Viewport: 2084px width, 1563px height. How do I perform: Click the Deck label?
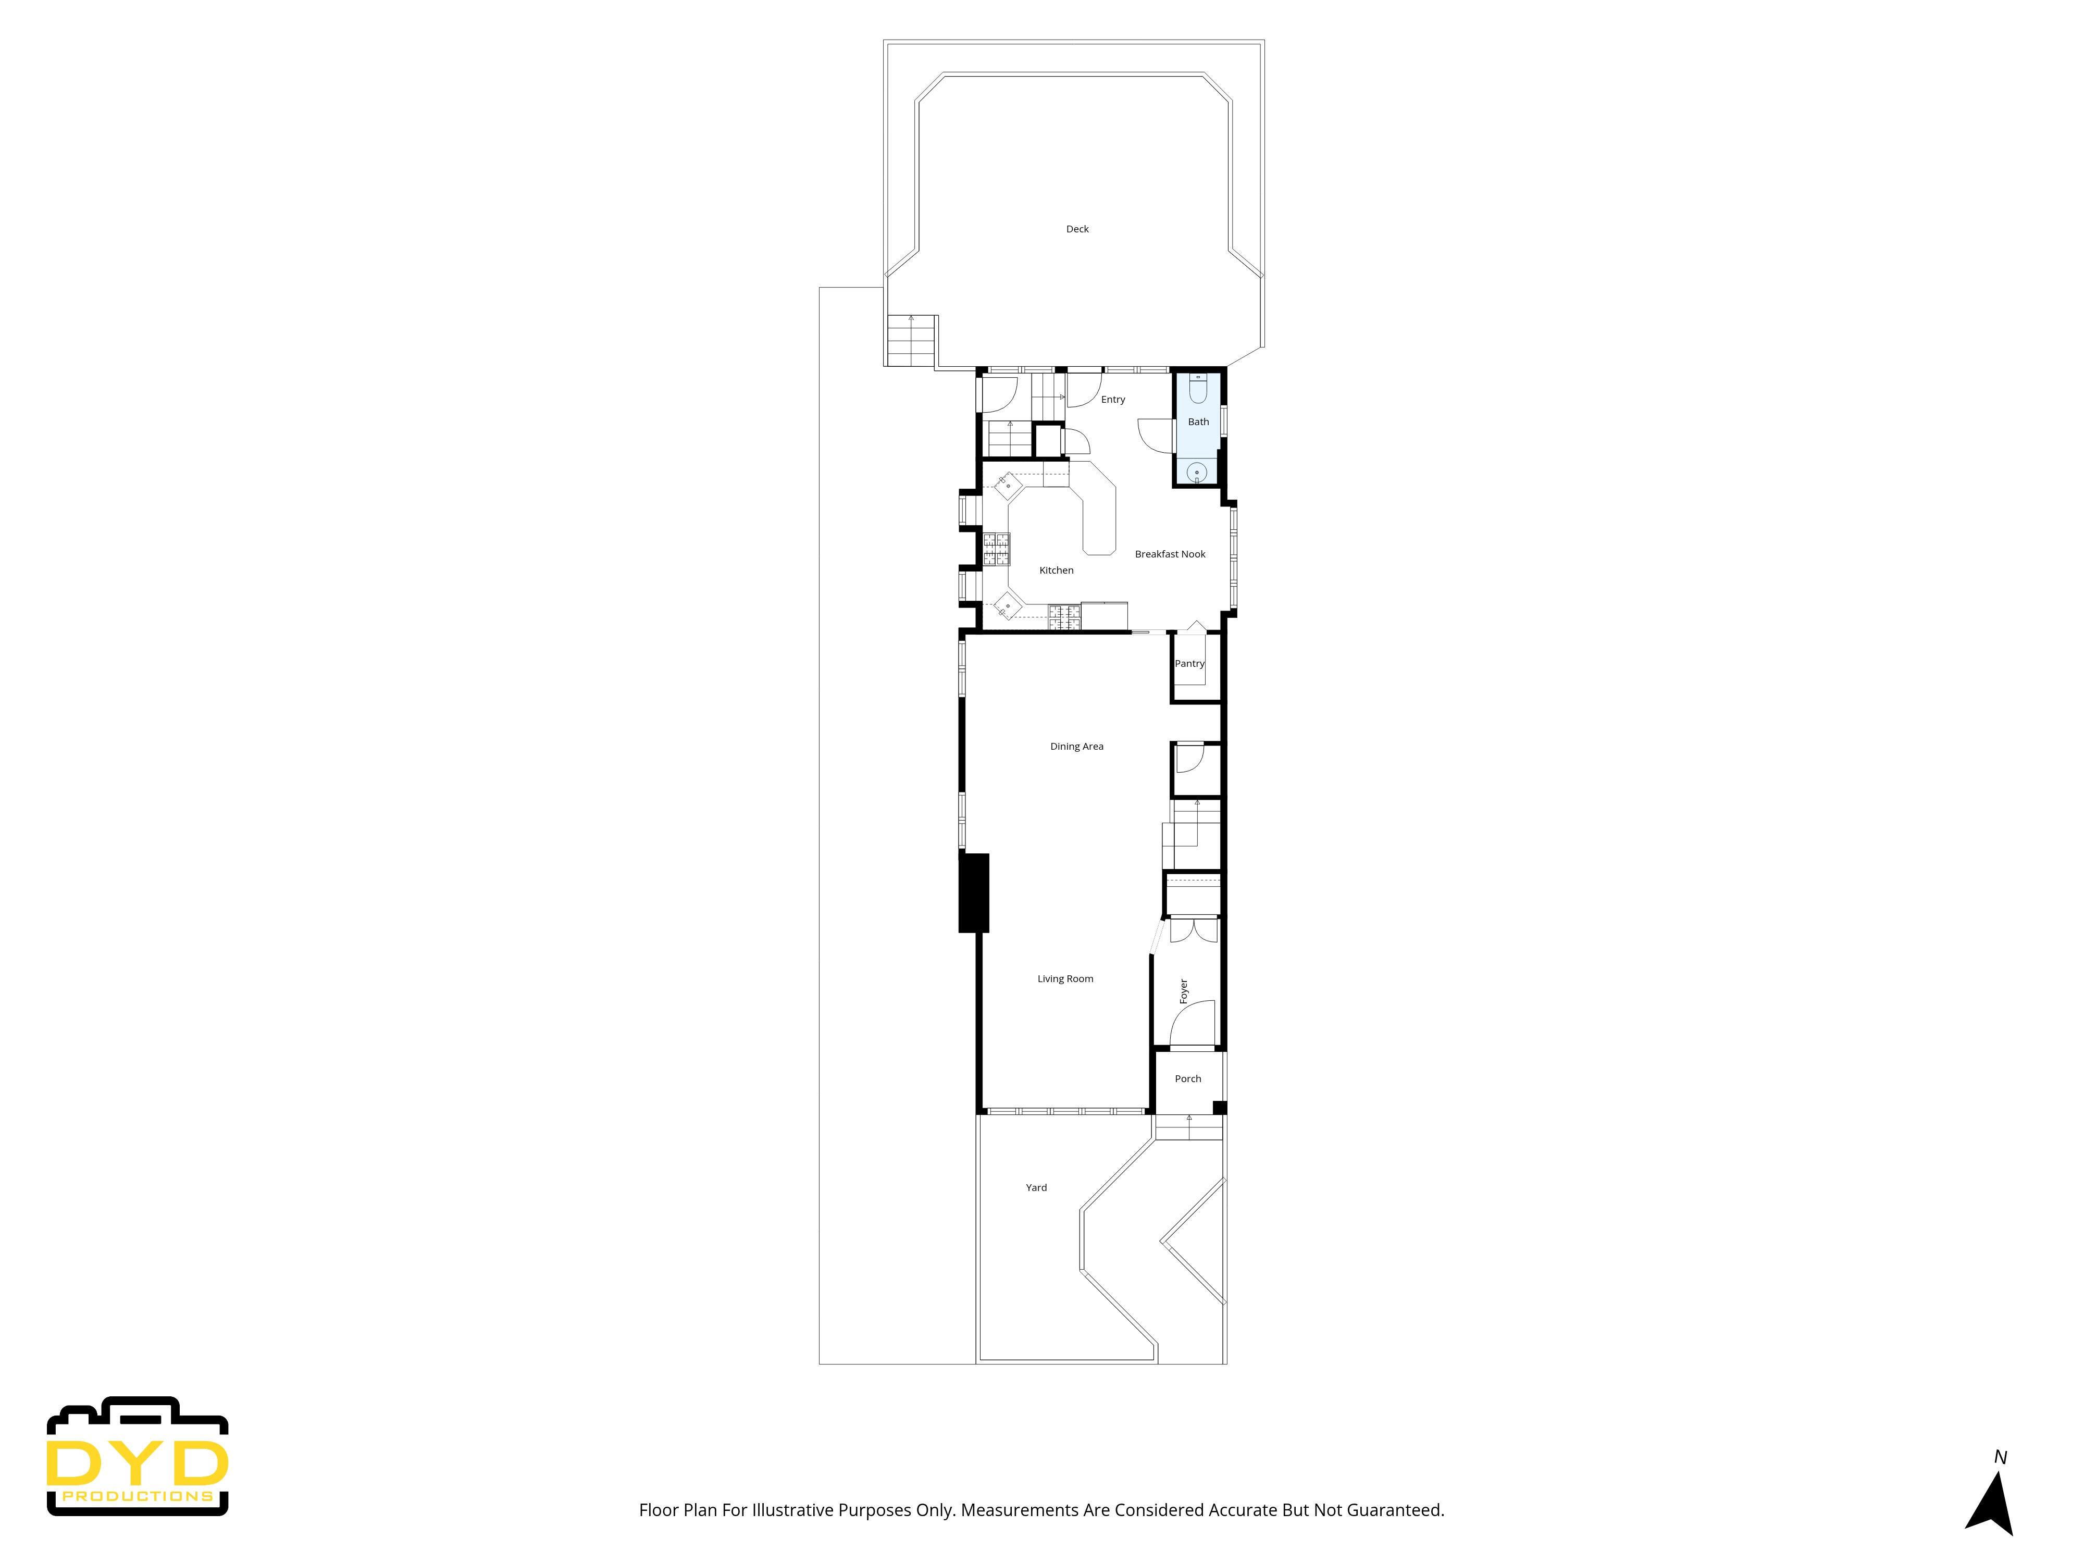tap(1077, 229)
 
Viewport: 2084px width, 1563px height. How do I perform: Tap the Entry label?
tap(1113, 400)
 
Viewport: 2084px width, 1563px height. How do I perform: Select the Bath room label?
tap(1197, 422)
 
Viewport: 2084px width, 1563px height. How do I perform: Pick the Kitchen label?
tap(1056, 570)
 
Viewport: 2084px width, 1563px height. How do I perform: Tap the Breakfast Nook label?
tap(1169, 554)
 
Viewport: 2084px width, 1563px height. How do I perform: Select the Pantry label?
tap(1189, 663)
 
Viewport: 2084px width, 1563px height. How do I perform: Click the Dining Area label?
tap(1076, 746)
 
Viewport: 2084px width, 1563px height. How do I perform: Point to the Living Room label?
tap(1064, 979)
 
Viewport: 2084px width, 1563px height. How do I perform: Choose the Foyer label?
tap(1183, 990)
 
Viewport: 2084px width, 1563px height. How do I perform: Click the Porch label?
tap(1187, 1079)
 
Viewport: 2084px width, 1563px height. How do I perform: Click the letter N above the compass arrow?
tap(2000, 1457)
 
